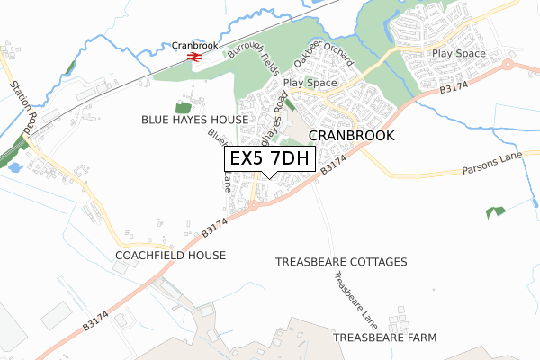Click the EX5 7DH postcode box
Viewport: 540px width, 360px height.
coord(270,159)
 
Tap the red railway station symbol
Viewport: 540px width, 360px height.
coord(193,56)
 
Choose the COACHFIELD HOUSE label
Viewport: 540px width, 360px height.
coord(170,256)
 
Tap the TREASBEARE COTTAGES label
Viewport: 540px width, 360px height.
coord(341,261)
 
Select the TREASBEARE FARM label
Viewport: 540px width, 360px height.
coord(384,337)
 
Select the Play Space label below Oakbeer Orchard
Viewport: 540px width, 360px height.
coord(310,84)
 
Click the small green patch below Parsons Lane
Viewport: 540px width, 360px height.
coord(495,212)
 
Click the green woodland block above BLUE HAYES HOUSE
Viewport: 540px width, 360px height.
coord(183,107)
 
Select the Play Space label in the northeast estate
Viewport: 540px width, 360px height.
coord(458,54)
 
